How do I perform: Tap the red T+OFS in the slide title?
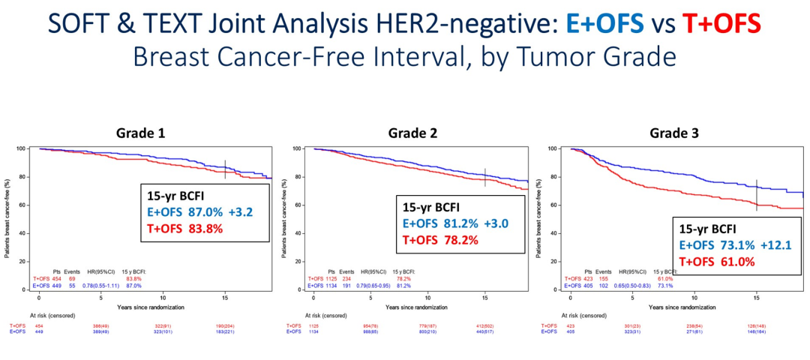pyautogui.click(x=721, y=25)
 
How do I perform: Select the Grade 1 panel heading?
pyautogui.click(x=140, y=133)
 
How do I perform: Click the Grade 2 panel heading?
pyautogui.click(x=413, y=133)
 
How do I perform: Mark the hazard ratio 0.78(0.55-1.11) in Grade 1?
pyautogui.click(x=100, y=286)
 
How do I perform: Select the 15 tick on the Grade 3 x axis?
pyautogui.click(x=756, y=297)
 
